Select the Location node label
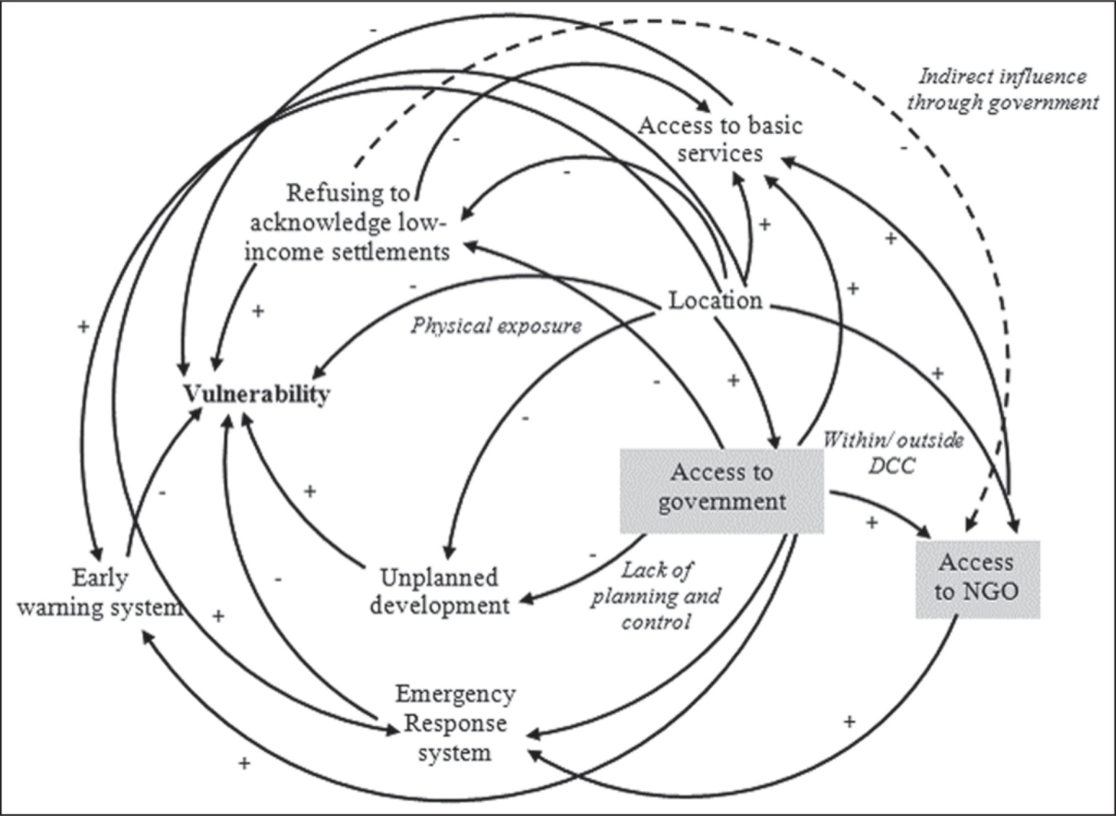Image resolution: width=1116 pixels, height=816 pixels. (x=715, y=300)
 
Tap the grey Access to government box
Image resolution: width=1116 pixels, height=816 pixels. (x=722, y=491)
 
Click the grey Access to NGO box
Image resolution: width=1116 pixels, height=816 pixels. (x=978, y=579)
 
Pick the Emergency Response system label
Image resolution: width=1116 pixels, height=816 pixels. (x=455, y=724)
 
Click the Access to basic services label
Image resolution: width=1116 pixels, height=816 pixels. (x=720, y=139)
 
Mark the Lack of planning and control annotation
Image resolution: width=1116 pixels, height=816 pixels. (x=656, y=596)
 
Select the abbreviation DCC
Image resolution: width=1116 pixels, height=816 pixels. (x=892, y=465)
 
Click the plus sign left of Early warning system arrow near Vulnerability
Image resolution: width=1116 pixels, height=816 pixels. (x=83, y=326)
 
